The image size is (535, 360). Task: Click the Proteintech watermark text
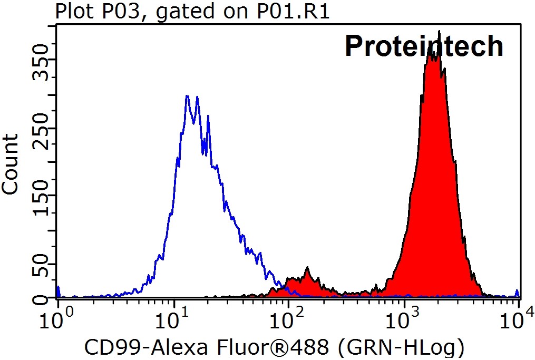(424, 46)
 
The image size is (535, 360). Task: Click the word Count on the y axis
(10, 164)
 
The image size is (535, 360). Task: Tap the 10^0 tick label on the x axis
(58, 319)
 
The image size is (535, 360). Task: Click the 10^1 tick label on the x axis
(173, 319)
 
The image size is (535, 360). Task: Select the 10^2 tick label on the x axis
(289, 319)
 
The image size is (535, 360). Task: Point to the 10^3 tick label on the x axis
(404, 319)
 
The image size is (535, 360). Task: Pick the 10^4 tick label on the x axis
(519, 319)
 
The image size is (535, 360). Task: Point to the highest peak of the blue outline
(187, 96)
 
